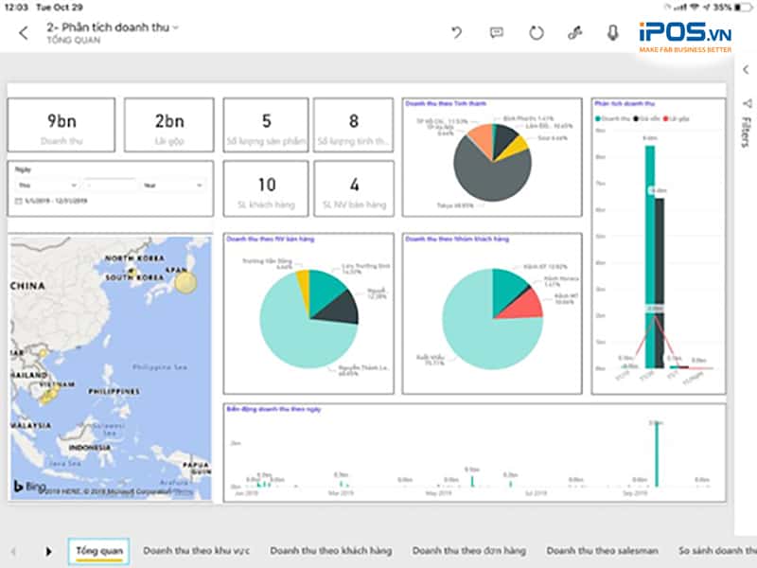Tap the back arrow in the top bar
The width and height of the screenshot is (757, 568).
tap(24, 33)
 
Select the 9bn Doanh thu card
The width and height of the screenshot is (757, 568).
tap(62, 126)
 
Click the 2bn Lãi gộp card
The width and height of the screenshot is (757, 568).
tap(169, 126)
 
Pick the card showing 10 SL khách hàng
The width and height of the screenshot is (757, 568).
tap(266, 189)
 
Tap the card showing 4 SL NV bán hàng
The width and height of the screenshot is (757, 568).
tap(354, 189)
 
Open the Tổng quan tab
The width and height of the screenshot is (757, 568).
tap(98, 550)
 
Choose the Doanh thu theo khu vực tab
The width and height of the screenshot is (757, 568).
tap(197, 550)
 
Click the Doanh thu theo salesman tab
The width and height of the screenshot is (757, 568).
tap(602, 550)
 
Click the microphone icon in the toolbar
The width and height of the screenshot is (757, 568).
tap(613, 33)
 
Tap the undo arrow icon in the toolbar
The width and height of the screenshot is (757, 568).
tap(457, 33)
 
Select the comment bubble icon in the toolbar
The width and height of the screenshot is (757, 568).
tap(496, 33)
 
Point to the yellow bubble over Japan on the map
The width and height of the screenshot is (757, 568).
tap(185, 281)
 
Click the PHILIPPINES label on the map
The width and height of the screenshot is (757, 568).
tap(113, 390)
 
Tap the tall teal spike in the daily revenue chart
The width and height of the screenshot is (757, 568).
tap(657, 454)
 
